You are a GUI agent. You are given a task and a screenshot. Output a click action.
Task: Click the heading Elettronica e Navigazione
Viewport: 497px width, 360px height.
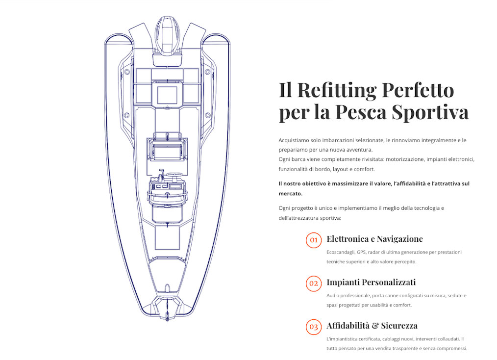pyautogui.click(x=374, y=239)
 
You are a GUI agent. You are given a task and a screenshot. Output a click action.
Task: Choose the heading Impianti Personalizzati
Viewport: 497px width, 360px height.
pyautogui.click(x=371, y=282)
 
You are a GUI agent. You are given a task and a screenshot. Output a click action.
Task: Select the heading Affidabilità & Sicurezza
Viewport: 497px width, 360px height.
pyautogui.click(x=372, y=326)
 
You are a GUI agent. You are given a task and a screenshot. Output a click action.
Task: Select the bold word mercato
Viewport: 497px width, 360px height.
pyautogui.click(x=290, y=193)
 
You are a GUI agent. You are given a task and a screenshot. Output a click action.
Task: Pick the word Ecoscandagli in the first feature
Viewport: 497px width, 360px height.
pyautogui.click(x=341, y=252)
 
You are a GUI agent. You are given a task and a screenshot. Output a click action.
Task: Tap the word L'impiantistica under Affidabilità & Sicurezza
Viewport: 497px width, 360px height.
pyautogui.click(x=343, y=339)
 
